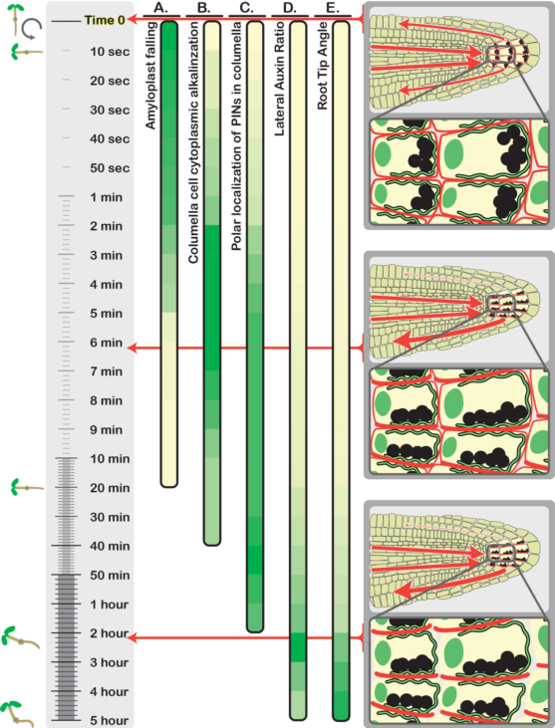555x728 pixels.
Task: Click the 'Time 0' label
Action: point(105,21)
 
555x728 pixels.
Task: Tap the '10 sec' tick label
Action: point(110,52)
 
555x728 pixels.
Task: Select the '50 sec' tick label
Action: point(110,168)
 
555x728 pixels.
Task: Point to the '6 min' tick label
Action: point(107,343)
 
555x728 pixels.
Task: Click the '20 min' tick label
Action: point(110,488)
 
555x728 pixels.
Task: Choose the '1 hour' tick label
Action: point(110,605)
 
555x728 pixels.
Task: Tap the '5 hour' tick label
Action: point(110,721)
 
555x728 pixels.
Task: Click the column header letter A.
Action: point(160,8)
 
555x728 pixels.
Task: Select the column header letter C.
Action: point(247,8)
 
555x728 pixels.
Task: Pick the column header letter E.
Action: point(333,8)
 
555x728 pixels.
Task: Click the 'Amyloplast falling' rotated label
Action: point(150,76)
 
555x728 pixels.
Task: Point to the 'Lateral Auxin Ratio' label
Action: point(279,79)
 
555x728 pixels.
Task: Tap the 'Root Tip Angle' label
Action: point(322,66)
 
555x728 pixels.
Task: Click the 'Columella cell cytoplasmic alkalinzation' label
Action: point(193,142)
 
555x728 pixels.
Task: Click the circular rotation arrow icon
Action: point(32,29)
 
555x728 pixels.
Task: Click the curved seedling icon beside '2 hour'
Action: point(21,637)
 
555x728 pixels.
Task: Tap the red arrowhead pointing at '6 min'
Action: point(133,348)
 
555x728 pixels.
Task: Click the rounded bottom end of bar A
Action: point(169,484)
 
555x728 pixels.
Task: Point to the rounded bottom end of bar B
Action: point(212,542)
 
